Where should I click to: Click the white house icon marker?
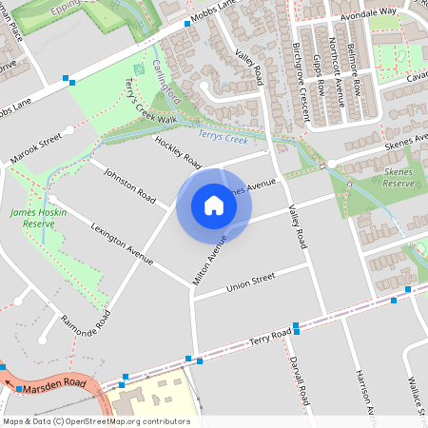214,204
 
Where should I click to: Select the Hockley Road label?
180,150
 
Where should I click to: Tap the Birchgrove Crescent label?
302,80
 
